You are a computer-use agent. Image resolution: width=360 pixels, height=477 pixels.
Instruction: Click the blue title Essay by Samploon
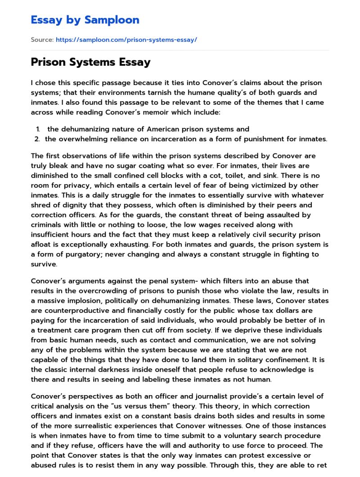coord(85,20)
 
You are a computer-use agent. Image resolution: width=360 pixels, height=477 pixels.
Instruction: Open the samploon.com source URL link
coord(126,40)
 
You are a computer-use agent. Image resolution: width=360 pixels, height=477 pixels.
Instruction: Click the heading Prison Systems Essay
coord(90,62)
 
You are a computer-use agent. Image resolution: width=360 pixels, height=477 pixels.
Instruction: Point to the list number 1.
coord(38,129)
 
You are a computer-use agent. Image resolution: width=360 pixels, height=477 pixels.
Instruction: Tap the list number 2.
coord(37,139)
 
